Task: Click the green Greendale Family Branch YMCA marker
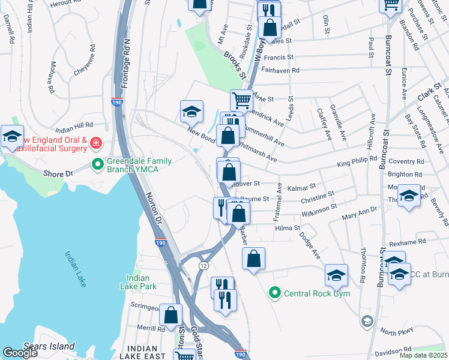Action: click(97, 164)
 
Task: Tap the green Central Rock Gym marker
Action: click(275, 293)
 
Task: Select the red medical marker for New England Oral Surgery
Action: click(96, 143)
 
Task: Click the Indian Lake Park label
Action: click(142, 282)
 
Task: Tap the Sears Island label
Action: click(49, 346)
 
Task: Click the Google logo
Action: click(20, 353)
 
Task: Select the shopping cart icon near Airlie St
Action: click(241, 100)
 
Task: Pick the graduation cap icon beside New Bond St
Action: click(191, 111)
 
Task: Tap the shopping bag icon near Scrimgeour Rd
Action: click(172, 315)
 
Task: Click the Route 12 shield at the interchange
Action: click(204, 265)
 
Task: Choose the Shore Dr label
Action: click(58, 173)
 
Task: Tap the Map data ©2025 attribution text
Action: click(423, 355)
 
